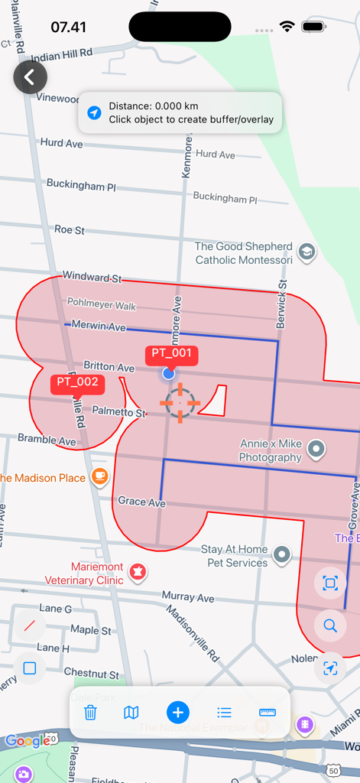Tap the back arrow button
tap(30, 77)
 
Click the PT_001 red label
tap(171, 353)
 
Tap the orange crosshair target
tap(180, 403)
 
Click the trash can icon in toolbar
tap(90, 713)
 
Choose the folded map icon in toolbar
tap(131, 713)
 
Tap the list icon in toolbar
tap(224, 713)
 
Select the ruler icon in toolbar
tap(268, 713)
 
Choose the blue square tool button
tap(30, 668)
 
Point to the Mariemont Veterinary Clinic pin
tap(138, 571)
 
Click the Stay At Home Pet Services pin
tap(283, 554)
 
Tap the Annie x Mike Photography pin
tap(316, 450)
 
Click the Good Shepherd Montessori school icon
tap(306, 253)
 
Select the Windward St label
tap(92, 276)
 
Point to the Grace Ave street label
tap(141, 502)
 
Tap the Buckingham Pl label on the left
tap(81, 184)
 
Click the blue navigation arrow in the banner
tap(94, 113)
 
